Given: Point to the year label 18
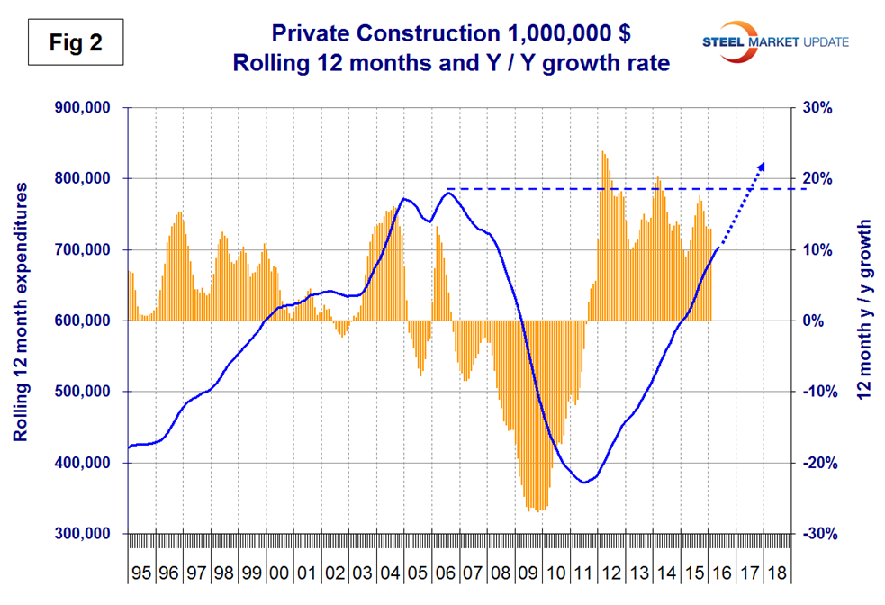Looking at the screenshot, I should tap(776, 573).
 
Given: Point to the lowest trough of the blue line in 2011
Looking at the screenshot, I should tap(584, 483).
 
